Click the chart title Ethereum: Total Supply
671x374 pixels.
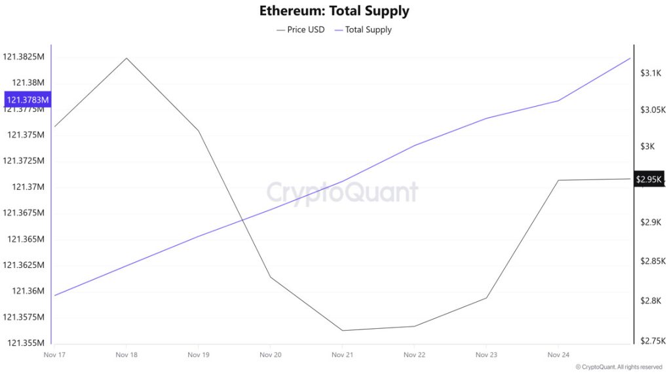334,11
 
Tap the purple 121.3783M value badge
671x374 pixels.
28,100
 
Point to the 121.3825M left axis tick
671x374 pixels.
24,57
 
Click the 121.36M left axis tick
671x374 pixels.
26,291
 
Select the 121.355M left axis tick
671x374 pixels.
25,343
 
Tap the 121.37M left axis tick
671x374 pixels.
26,187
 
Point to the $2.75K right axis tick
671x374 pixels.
652,341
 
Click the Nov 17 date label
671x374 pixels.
54,355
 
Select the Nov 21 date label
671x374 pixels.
342,355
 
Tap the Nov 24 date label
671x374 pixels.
558,355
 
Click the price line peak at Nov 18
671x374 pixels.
126,58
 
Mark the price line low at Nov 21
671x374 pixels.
342,330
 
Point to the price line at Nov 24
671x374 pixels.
558,179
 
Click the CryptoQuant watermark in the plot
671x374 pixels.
342,193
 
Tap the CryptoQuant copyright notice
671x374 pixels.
619,367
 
